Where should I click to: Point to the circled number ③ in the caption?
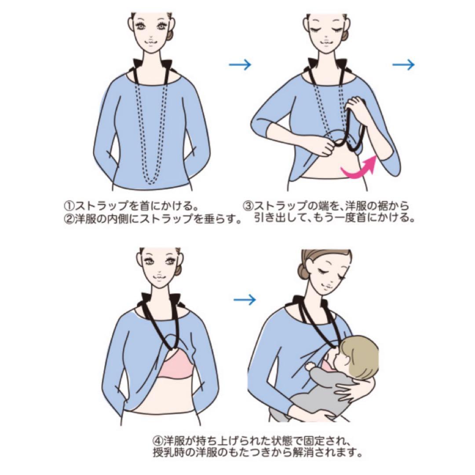(248, 206)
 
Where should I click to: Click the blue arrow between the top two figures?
(240, 64)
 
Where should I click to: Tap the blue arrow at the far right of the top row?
(403, 64)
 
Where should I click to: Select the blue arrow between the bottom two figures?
(245, 300)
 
